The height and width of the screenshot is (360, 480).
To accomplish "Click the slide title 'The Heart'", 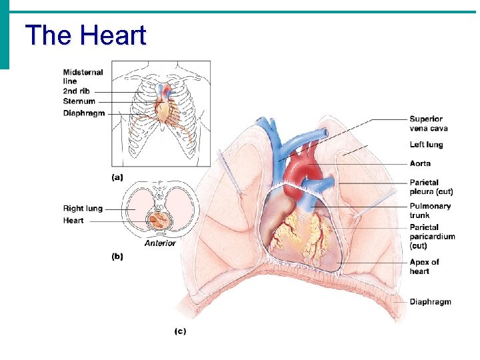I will tap(85, 35).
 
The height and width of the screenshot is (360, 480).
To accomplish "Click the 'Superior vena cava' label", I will tap(428, 123).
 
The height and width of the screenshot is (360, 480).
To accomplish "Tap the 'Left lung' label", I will tap(426, 145).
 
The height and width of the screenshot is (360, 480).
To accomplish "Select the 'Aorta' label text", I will tap(420, 163).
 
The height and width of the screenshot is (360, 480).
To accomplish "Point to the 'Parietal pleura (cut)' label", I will tap(431, 187).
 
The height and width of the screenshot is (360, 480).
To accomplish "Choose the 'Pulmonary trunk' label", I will tap(430, 211).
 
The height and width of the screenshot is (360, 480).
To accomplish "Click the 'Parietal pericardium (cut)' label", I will tap(432, 237).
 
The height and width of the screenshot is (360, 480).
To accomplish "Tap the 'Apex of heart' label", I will tap(424, 267).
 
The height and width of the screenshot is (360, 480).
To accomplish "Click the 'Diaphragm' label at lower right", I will tap(430, 302).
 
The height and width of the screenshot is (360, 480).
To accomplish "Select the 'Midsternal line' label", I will tap(83, 76).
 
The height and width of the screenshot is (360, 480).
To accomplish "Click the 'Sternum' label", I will tap(79, 101).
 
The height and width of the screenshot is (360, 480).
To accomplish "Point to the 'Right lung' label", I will tap(83, 209).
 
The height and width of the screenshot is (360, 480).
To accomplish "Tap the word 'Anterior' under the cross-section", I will tap(160, 243).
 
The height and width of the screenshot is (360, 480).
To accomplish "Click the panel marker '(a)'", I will tap(117, 177).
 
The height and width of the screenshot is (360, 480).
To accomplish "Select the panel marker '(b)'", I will tap(117, 257).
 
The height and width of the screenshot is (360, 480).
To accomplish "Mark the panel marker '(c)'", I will tap(180, 330).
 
